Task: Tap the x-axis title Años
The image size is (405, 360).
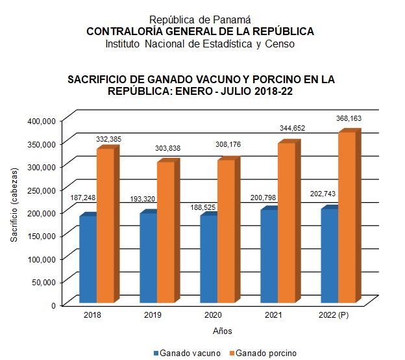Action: tap(222, 331)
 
